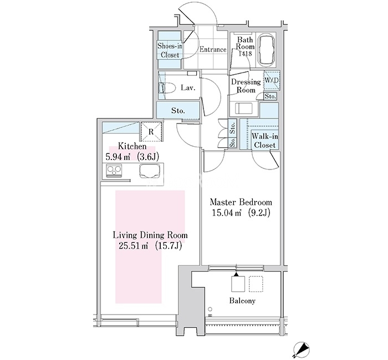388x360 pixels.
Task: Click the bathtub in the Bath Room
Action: (266, 49)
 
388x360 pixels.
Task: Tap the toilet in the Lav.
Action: (168, 88)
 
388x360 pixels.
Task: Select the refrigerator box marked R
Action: (151, 131)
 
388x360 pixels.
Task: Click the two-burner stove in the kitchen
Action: (114, 171)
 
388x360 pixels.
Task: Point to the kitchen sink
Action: (149, 171)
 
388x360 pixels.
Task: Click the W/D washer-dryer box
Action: (272, 80)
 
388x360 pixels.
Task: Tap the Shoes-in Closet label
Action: (170, 50)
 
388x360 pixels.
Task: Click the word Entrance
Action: (213, 49)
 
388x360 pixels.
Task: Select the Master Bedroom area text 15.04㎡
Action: (226, 213)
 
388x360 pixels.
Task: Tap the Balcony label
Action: (242, 301)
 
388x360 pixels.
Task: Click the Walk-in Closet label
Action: (265, 141)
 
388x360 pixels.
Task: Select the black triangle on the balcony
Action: (236, 274)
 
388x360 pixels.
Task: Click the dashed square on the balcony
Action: (256, 284)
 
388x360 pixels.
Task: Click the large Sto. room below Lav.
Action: (178, 111)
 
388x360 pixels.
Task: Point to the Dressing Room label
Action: (246, 86)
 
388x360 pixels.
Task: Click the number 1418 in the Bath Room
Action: (245, 53)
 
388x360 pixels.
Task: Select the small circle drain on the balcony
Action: (210, 309)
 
